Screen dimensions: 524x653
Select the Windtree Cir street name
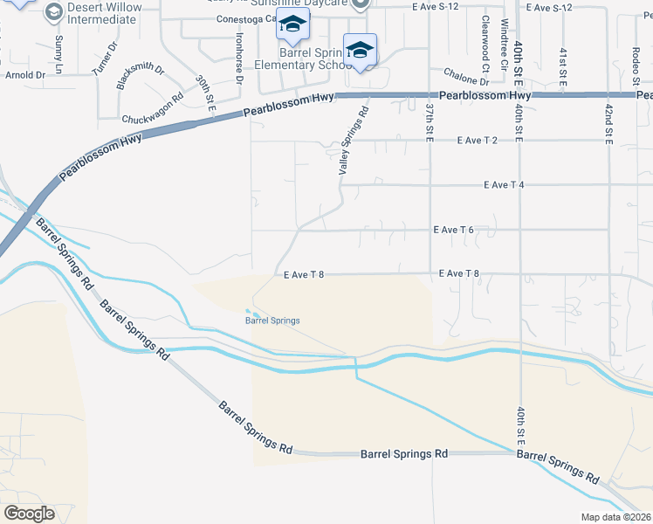(504, 45)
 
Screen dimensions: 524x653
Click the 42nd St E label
(608, 124)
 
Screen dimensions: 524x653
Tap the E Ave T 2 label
(477, 140)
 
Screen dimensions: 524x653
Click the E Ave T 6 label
(453, 230)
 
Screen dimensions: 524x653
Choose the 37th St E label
(430, 122)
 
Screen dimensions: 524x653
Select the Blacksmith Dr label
(141, 76)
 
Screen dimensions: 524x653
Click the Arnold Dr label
(24, 75)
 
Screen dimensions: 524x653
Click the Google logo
(29, 514)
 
